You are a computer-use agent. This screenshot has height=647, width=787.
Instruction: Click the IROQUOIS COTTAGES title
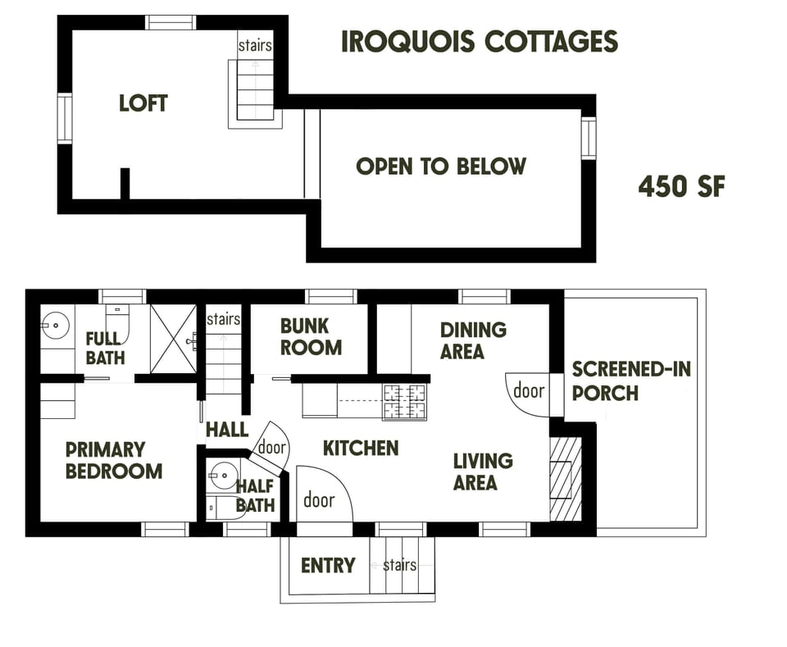coord(479,42)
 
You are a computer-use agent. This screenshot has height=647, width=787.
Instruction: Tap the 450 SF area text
coord(681,187)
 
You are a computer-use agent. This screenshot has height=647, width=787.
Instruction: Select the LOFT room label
coord(143,103)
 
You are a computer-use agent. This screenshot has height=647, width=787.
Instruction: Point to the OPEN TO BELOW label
coord(441,166)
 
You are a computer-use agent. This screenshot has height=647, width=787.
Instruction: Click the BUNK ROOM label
coord(311,336)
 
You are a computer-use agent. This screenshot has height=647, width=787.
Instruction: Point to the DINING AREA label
coord(473,340)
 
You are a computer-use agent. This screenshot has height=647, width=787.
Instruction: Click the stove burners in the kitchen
coord(404,403)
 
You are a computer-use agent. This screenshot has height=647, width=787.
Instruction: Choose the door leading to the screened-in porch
coord(528,391)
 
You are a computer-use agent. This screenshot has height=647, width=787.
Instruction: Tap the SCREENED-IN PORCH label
coord(630,380)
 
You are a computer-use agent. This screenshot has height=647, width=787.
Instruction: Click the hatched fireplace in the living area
coord(563,479)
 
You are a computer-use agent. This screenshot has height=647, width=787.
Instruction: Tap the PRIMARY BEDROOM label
coord(114,460)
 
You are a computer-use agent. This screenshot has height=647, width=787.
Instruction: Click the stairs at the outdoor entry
coord(399,566)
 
